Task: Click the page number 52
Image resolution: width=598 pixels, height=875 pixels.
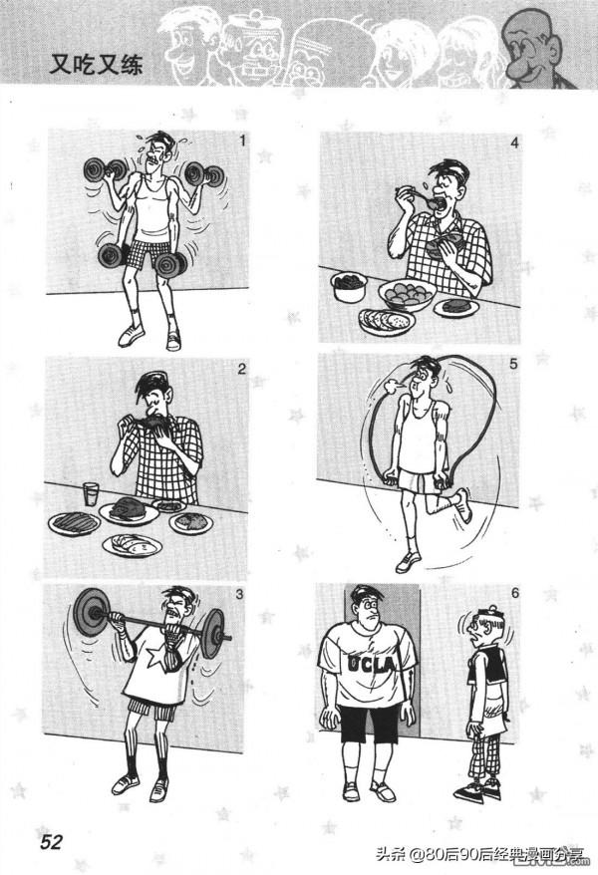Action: pyautogui.click(x=51, y=841)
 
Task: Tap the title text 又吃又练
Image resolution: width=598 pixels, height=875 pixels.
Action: pyautogui.click(x=96, y=64)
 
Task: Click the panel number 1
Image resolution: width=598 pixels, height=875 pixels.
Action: pyautogui.click(x=242, y=141)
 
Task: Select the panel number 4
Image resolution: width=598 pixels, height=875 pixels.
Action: pyautogui.click(x=514, y=144)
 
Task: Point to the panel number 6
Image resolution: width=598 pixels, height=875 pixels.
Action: pyautogui.click(x=515, y=592)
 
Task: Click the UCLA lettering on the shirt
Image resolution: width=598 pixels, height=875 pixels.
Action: pyautogui.click(x=371, y=664)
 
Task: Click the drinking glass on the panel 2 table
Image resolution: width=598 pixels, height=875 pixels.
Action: pyautogui.click(x=91, y=494)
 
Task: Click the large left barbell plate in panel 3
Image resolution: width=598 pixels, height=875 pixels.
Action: pyautogui.click(x=90, y=612)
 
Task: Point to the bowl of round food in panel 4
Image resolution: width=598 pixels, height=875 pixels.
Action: pyautogui.click(x=406, y=294)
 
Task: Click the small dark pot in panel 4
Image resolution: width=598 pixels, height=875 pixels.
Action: pyautogui.click(x=348, y=287)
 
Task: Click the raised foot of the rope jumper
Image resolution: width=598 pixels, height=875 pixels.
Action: pyautogui.click(x=462, y=505)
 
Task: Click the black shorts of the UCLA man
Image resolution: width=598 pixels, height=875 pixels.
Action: pyautogui.click(x=371, y=724)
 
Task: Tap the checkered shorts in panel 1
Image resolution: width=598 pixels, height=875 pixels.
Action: pyautogui.click(x=145, y=250)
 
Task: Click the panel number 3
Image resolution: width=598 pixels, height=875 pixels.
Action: pyautogui.click(x=239, y=595)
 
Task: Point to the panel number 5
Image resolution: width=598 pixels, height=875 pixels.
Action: pyautogui.click(x=513, y=364)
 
